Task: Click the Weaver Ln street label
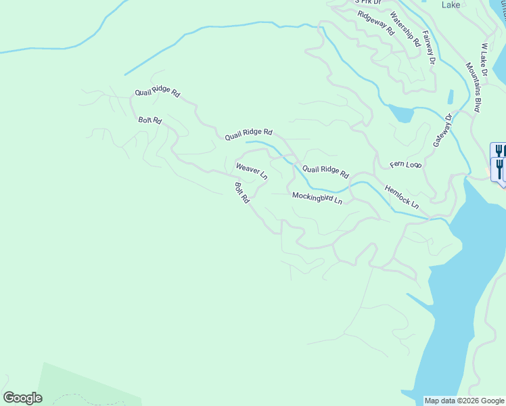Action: point(252,171)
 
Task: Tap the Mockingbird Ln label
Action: point(317,198)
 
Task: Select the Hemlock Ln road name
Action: point(402,196)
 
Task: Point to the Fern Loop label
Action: point(406,164)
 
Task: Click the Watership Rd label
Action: point(405,30)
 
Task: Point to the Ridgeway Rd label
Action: point(375,23)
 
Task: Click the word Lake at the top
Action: point(451,5)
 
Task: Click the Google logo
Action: point(22,398)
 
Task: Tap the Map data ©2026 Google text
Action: point(464,401)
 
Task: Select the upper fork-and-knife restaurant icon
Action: point(499,150)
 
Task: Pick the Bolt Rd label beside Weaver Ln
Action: point(242,193)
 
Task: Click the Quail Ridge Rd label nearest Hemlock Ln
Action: point(325,172)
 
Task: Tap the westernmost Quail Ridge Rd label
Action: point(157,93)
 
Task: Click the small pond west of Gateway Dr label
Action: point(401,114)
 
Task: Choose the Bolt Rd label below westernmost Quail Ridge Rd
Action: point(149,120)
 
